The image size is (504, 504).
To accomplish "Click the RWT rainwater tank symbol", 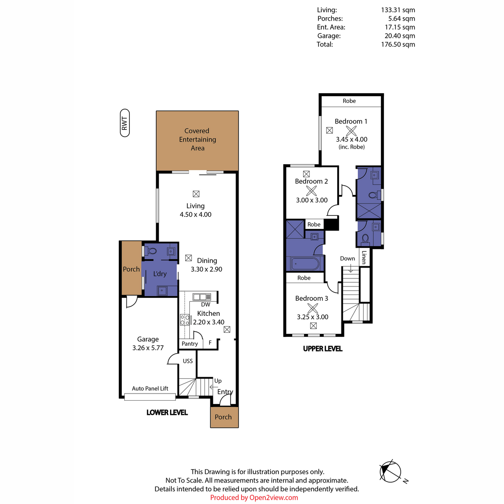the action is tap(125, 123).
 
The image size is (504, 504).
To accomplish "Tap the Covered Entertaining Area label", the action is tap(197, 139).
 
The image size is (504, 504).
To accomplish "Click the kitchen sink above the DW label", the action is tap(202, 297).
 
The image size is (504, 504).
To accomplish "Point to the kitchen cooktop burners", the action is tap(185, 320).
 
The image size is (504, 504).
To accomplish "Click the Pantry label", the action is tap(189, 344).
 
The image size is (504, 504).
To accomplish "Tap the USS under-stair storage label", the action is tap(188, 361).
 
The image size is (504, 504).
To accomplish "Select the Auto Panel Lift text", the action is tap(150, 388).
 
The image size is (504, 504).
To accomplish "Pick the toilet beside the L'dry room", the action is tap(152, 251).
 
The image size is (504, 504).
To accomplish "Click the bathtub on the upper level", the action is tap(305, 264).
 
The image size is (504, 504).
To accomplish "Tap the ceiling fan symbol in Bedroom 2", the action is tap(311, 191).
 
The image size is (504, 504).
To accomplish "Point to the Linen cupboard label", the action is tap(364, 257).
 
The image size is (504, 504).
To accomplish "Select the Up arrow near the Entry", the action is tap(214, 387).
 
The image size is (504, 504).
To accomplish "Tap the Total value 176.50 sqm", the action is tap(398, 44).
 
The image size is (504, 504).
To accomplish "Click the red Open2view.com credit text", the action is tap(254, 497).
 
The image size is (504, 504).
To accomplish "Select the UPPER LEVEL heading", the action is tap(323, 349).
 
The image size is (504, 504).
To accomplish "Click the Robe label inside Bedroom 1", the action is tap(349, 101).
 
